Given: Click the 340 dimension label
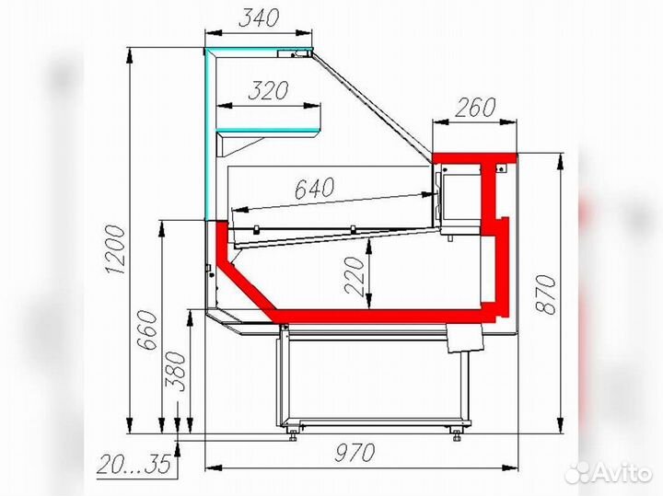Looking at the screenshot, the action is [259, 17].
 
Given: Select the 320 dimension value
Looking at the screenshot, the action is [269, 90].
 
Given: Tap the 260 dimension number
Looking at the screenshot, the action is [475, 108].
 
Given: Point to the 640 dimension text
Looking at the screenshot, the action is [314, 188].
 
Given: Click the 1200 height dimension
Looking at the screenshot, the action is [115, 249].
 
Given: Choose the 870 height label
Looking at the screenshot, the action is [545, 294].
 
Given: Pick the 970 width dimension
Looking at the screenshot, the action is [355, 453].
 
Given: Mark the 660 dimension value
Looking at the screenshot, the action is [148, 330].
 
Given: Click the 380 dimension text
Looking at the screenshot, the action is [175, 372].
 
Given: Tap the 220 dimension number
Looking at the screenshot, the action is [355, 275].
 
